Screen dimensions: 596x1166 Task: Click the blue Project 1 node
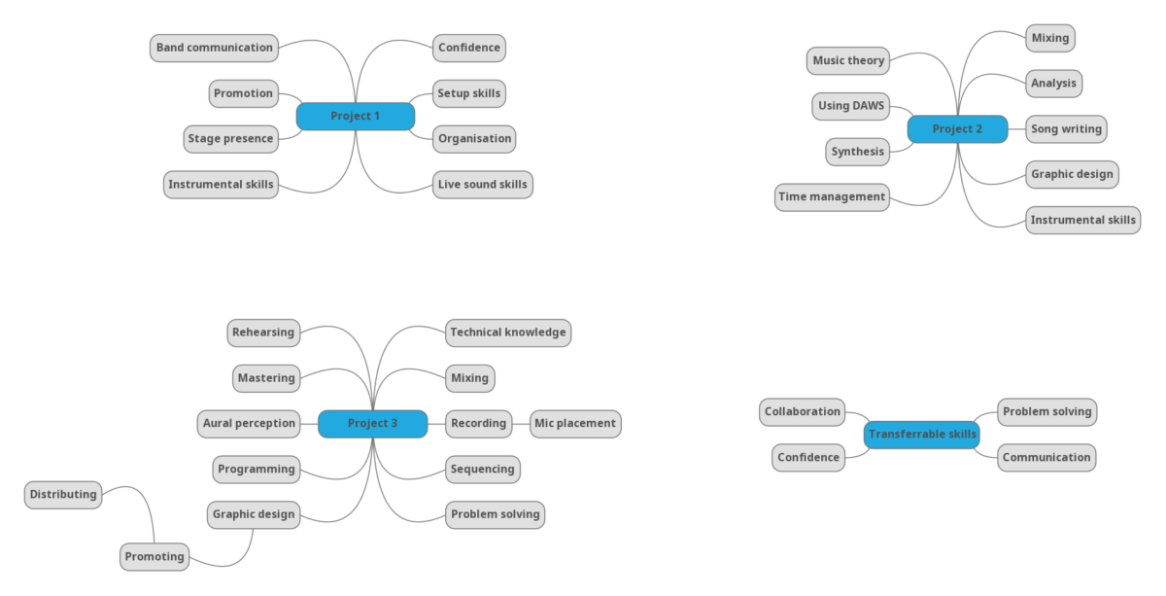click(x=356, y=117)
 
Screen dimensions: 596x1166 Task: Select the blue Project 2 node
click(x=957, y=129)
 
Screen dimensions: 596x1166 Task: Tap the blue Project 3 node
click(x=372, y=424)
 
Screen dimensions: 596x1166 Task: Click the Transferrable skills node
click(x=922, y=435)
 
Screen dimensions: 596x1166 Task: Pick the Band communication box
click(x=215, y=48)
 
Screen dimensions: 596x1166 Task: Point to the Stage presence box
click(x=230, y=139)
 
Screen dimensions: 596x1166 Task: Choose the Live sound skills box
click(x=482, y=185)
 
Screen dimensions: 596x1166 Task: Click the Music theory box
click(x=848, y=61)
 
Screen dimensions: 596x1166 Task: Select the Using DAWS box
click(x=850, y=106)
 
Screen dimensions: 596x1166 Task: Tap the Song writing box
click(x=1066, y=129)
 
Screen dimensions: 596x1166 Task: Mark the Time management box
click(x=832, y=196)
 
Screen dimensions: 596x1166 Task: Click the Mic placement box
click(x=575, y=424)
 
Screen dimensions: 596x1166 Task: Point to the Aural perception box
click(x=249, y=424)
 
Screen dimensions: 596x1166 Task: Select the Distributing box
click(x=63, y=495)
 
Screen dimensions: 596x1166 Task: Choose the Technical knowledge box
click(x=507, y=333)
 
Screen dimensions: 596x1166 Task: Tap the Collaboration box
click(x=802, y=412)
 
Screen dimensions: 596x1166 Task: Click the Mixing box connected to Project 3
click(x=469, y=378)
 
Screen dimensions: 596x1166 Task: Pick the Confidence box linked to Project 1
click(x=468, y=48)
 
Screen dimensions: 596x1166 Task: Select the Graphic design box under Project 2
click(x=1072, y=175)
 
